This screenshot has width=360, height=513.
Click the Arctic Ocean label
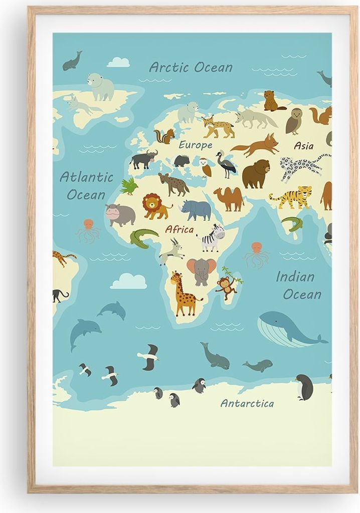tap(191, 67)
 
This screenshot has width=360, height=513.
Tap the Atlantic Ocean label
tap(86, 185)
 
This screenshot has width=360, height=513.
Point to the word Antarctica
tap(247, 403)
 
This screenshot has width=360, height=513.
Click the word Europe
tap(196, 145)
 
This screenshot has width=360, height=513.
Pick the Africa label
tap(179, 229)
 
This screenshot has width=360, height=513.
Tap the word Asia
tap(304, 146)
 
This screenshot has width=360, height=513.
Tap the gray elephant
tap(202, 271)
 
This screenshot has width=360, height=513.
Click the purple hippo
tap(120, 214)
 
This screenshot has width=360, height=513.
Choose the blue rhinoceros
tap(197, 210)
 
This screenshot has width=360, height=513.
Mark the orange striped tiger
tap(293, 197)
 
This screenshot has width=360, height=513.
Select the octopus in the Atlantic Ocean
tap(89, 230)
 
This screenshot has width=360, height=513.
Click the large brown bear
tap(256, 173)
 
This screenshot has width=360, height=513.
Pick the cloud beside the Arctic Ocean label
tap(118, 62)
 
